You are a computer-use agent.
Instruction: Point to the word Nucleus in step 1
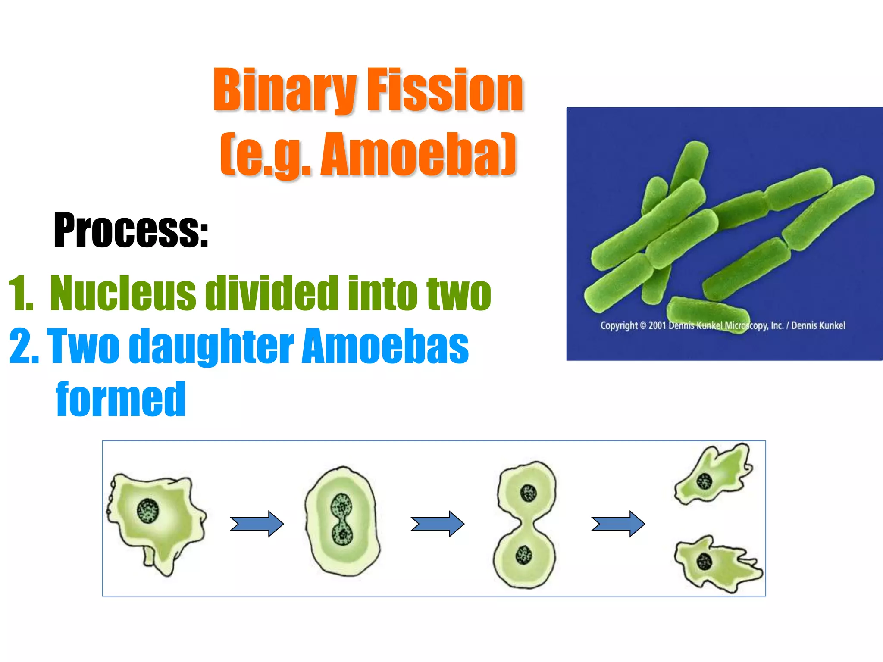click(123, 294)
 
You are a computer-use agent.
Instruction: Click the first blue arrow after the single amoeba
click(257, 524)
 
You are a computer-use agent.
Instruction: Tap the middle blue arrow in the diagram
click(437, 524)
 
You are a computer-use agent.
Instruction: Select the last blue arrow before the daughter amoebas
click(618, 524)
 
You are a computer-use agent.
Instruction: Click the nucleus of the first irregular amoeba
click(148, 511)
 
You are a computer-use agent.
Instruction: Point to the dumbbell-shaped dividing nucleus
click(342, 519)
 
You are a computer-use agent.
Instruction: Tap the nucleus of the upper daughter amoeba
click(705, 481)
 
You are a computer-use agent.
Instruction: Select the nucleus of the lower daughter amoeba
click(704, 562)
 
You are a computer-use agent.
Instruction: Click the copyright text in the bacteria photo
click(723, 325)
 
